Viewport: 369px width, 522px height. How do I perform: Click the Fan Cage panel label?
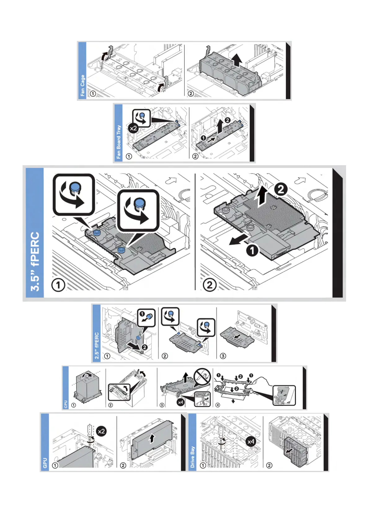point(82,85)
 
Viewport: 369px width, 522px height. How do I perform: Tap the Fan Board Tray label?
point(119,142)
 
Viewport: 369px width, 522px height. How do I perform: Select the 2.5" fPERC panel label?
point(97,346)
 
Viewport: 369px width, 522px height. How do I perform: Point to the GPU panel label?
point(45,463)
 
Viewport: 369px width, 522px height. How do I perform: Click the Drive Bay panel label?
point(193,457)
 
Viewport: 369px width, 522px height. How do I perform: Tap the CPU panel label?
point(66,404)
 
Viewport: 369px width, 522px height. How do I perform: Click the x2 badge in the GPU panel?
point(101,431)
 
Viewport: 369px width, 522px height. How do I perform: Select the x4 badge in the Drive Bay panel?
point(251,441)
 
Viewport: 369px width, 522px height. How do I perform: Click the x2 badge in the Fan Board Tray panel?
point(134,128)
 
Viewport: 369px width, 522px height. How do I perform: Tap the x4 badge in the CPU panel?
point(180,402)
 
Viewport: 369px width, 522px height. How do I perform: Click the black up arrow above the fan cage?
point(237,60)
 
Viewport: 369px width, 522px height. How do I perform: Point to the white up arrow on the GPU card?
point(152,438)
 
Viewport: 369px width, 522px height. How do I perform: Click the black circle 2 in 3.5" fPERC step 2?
point(281,189)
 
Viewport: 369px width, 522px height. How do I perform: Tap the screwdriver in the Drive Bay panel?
point(221,434)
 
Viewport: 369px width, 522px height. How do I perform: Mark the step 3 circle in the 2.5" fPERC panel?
point(223,356)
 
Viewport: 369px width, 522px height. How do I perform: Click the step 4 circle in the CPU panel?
point(218,405)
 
